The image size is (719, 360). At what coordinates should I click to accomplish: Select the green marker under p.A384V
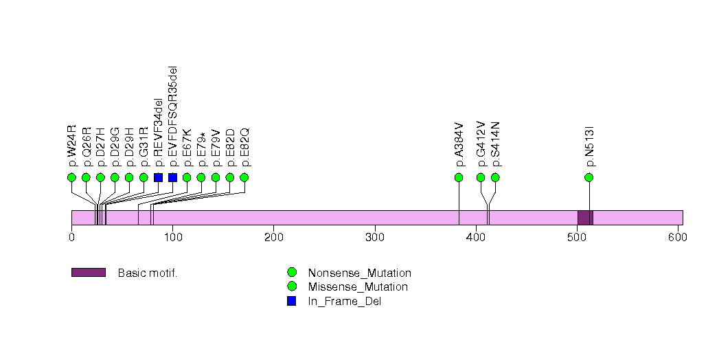click(x=459, y=177)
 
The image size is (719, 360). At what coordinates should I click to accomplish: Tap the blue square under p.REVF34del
click(x=158, y=177)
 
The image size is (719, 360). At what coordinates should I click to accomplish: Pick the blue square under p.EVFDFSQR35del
click(x=172, y=177)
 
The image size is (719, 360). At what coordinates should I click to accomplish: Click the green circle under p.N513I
click(x=589, y=177)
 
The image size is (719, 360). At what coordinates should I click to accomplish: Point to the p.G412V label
click(x=481, y=144)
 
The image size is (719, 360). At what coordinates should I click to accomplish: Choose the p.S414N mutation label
click(x=495, y=144)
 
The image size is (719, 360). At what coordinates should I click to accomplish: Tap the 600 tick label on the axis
click(x=677, y=237)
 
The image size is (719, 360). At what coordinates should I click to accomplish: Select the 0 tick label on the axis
click(x=71, y=237)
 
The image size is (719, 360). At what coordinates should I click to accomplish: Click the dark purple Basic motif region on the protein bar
click(x=585, y=217)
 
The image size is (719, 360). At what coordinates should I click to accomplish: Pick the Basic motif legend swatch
click(x=88, y=273)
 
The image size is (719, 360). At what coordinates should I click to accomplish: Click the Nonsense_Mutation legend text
click(x=359, y=273)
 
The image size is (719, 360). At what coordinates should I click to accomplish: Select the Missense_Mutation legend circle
click(x=292, y=286)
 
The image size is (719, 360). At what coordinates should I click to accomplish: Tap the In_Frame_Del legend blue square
click(x=292, y=301)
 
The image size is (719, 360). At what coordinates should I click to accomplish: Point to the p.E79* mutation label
click(x=201, y=150)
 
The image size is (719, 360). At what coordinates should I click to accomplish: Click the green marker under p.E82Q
click(x=244, y=177)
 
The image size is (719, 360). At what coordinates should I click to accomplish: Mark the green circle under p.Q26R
click(x=86, y=177)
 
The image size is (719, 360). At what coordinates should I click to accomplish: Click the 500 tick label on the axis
click(x=576, y=237)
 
